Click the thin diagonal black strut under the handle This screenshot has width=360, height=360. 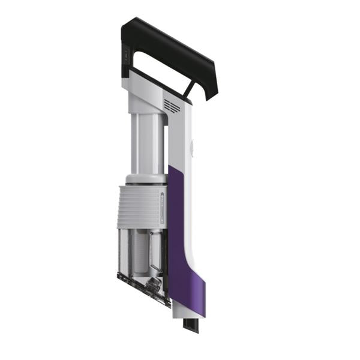(189, 88)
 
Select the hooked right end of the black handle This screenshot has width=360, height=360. (210, 84)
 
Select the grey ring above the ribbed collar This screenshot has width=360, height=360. (145, 178)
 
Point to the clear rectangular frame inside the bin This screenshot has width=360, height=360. (157, 252)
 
